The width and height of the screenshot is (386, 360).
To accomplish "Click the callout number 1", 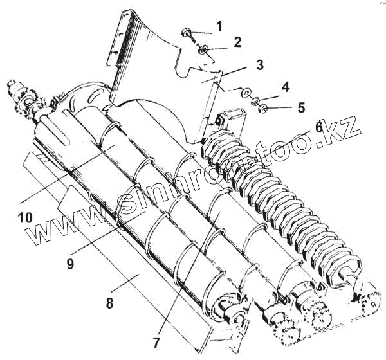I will tap(219, 26).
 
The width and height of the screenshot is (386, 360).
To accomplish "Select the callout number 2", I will tap(237, 43).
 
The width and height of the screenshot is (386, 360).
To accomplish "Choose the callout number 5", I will tap(301, 107).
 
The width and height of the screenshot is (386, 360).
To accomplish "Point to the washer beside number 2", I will tap(203, 49).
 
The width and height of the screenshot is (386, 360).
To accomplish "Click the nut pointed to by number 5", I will tap(262, 107).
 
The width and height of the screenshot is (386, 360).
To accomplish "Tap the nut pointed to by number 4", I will tap(255, 101).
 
